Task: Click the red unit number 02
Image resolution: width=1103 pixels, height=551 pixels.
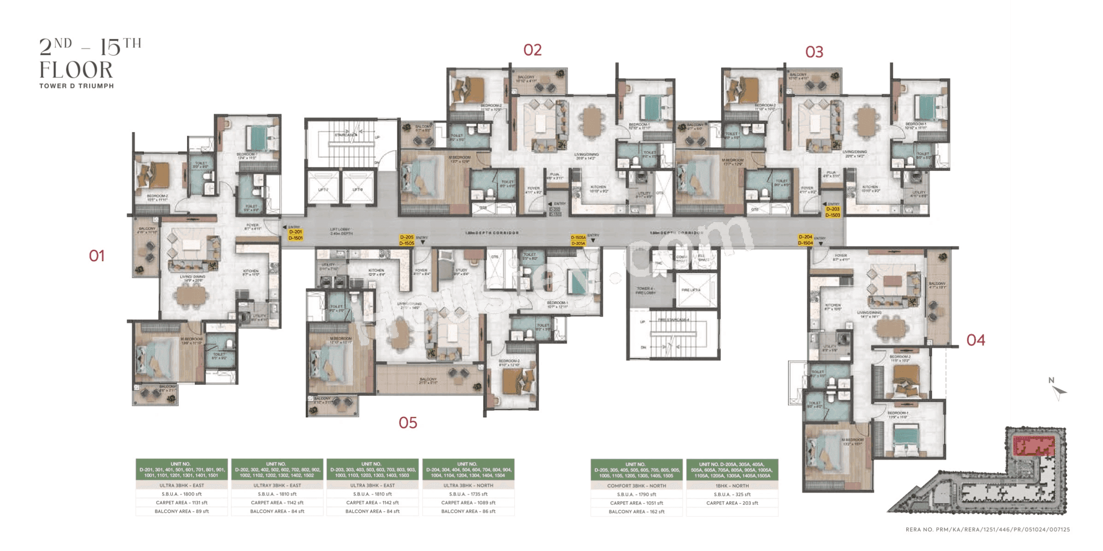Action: coord(532,50)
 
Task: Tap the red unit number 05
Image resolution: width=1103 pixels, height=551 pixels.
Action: coord(408,422)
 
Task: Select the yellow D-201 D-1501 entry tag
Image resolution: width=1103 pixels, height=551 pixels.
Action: coord(295,235)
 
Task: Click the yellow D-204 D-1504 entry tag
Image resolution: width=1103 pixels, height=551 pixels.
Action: coord(805,240)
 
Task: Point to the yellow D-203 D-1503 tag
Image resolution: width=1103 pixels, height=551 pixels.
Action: coord(833,212)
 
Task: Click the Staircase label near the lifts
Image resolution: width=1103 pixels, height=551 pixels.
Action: coord(346,135)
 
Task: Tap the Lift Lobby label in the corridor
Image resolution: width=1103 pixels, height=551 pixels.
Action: coord(340,231)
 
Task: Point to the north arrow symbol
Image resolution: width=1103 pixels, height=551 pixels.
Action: coord(1058,392)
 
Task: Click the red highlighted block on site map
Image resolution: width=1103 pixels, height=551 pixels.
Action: coord(1034,445)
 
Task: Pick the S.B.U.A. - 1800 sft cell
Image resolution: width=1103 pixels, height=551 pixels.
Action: coord(182,494)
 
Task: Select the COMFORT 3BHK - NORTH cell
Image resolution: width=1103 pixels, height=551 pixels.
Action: coord(636,486)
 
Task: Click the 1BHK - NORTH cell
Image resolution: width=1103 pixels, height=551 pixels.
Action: coord(732,486)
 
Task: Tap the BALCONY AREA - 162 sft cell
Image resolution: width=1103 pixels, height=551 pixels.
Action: coord(636,511)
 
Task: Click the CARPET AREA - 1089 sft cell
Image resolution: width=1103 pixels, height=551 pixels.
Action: coord(468,503)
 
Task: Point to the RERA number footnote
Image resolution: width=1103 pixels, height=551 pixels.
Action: coord(987,529)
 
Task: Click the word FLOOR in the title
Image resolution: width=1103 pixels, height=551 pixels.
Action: coord(76,70)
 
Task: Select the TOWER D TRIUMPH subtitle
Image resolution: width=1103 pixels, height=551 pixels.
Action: coord(76,86)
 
